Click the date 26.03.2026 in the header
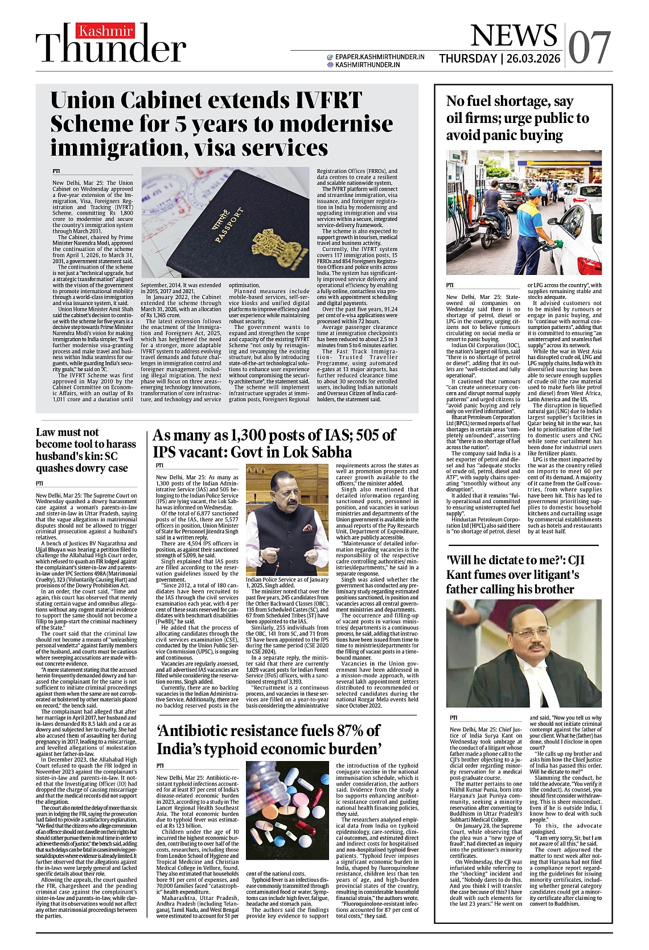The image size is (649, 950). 533,59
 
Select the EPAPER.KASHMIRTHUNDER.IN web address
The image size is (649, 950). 380,57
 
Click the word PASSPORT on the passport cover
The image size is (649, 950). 230,225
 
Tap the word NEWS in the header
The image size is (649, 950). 514,36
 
